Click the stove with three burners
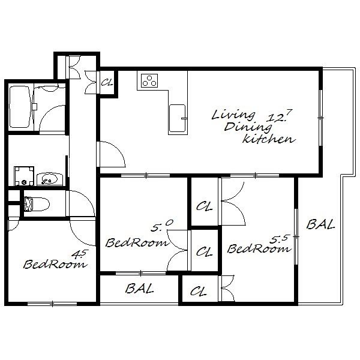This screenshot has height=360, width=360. coord(149,80)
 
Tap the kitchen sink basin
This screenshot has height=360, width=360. coord(177,118)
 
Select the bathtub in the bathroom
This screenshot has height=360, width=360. coord(20,107)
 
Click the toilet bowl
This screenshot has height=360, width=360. coord(37,203)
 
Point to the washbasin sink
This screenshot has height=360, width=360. coord(50,179)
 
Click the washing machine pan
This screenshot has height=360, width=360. coord(24,176)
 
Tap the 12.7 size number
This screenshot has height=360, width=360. coord(279,115)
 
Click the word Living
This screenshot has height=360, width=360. coord(233,115)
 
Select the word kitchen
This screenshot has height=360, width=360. coord(269,139)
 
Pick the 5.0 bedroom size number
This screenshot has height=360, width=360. coord(161,226)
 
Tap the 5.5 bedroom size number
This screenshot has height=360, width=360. coord(278,239)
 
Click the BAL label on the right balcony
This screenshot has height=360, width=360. coord(320,224)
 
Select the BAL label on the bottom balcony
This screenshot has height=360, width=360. coord(139,289)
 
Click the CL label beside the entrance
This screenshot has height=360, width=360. coord(107,82)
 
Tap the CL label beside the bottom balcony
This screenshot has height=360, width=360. coord(199,292)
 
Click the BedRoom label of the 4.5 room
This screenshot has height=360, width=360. coord(55,264)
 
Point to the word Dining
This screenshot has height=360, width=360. coord(248,127)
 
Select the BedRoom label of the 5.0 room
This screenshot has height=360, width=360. coord(137,242)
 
